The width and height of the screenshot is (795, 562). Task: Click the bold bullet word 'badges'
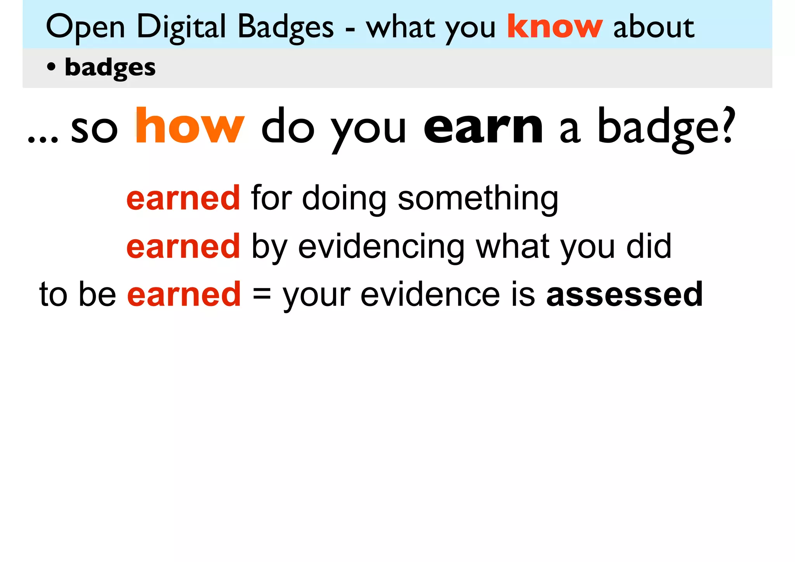(x=110, y=68)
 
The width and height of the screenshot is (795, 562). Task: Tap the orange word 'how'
(x=190, y=126)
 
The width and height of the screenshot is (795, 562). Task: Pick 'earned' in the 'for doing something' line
(x=183, y=198)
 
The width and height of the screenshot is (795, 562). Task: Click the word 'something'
(x=478, y=199)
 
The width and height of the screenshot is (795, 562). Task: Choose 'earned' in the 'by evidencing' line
(x=183, y=246)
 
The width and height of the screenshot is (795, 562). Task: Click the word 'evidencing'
(x=381, y=247)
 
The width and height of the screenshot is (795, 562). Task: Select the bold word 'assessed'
(x=624, y=294)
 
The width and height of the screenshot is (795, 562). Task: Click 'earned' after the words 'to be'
(x=184, y=294)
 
